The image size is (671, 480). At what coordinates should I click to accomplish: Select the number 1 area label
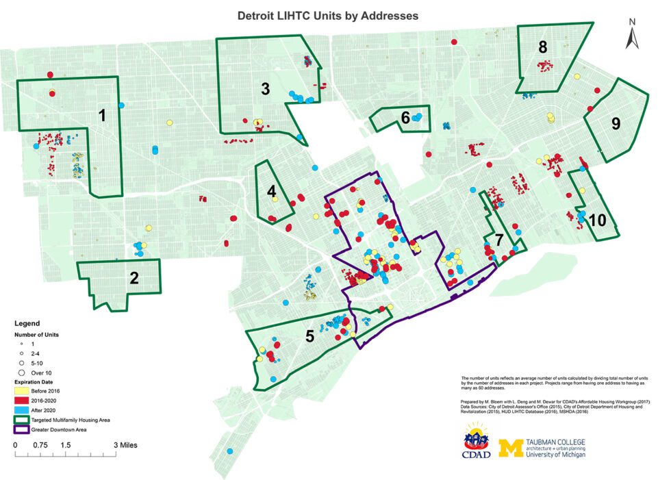click(103, 116)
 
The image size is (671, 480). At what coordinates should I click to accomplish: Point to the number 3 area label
click(264, 88)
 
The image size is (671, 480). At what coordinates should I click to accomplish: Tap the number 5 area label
click(309, 336)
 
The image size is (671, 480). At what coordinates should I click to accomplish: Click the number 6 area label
click(405, 118)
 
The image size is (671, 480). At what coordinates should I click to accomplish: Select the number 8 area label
click(543, 48)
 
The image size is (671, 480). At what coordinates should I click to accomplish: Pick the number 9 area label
click(616, 124)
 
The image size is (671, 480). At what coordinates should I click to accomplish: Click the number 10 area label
click(597, 220)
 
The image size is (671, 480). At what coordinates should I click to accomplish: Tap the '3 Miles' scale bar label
click(126, 445)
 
